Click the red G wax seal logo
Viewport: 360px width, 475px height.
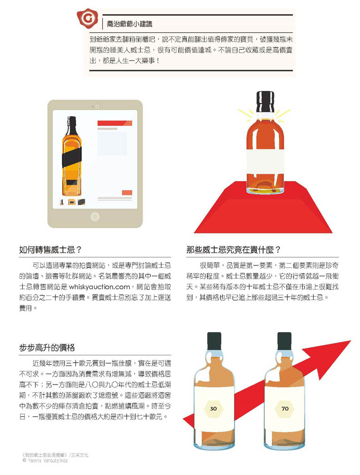tap(88, 18)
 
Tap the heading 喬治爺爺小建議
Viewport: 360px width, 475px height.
tap(130, 24)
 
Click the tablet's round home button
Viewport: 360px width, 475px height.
tap(95, 217)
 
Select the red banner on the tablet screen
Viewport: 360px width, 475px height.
tap(115, 123)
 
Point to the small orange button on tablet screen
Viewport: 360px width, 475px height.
tap(127, 193)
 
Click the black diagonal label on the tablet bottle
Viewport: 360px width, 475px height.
tap(72, 158)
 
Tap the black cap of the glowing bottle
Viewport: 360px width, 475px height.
tap(265, 101)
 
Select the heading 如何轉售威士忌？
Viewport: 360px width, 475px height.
tap(50, 250)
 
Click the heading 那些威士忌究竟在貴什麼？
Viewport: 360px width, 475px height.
tap(234, 250)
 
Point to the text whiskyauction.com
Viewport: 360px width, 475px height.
tap(100, 286)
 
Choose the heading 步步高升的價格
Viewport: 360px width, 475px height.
tap(47, 347)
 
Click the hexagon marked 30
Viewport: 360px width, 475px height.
tap(213, 408)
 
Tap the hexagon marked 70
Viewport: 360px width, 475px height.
tap(285, 408)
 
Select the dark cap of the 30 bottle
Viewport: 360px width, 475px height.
tap(214, 341)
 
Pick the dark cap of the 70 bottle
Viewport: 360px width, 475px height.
tap(284, 341)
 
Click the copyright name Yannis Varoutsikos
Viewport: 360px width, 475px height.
tap(48, 460)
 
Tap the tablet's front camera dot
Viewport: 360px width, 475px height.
tap(97, 106)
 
